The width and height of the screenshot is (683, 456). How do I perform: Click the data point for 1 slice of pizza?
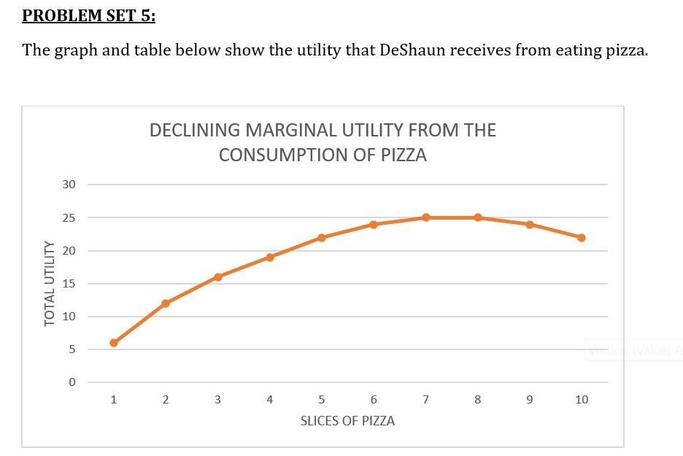pyautogui.click(x=114, y=343)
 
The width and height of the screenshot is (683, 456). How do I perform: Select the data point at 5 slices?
pyautogui.click(x=322, y=238)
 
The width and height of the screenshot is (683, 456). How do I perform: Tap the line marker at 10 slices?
pyautogui.click(x=582, y=238)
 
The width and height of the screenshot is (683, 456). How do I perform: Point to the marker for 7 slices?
pyautogui.click(x=425, y=217)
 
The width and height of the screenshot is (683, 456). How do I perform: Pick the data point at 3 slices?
pyautogui.click(x=218, y=277)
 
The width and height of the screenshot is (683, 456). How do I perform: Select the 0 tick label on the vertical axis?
pyautogui.click(x=72, y=382)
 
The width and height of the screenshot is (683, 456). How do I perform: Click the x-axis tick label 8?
pyautogui.click(x=478, y=400)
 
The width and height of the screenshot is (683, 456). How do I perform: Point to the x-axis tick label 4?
pyautogui.click(x=270, y=400)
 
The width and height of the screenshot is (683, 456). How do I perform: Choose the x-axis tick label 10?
pyautogui.click(x=582, y=400)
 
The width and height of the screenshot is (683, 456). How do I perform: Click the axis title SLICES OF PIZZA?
pyautogui.click(x=347, y=422)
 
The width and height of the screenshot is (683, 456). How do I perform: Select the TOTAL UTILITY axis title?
pyautogui.click(x=50, y=283)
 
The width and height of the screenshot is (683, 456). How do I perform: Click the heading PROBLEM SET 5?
pyautogui.click(x=88, y=16)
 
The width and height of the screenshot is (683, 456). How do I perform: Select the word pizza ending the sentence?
pyautogui.click(x=626, y=50)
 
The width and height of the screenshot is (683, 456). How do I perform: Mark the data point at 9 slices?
pyautogui.click(x=530, y=224)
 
